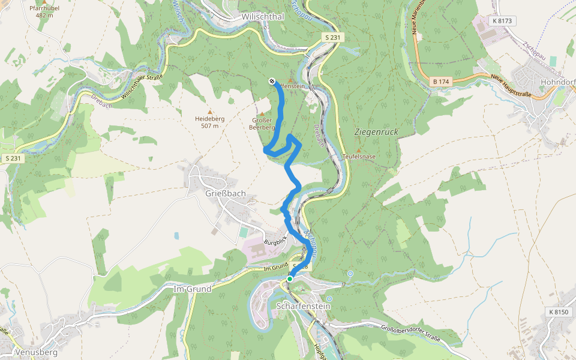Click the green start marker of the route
tap(290, 278)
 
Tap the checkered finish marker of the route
tap(272, 81)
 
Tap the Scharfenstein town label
tap(304, 306)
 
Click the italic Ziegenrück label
tap(377, 131)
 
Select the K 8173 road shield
tap(503, 21)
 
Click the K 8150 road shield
tap(559, 312)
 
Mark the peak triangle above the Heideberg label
tap(210, 112)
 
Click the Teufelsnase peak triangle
tap(359, 150)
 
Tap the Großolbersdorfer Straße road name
tap(410, 334)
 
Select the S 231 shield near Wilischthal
tap(332, 37)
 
